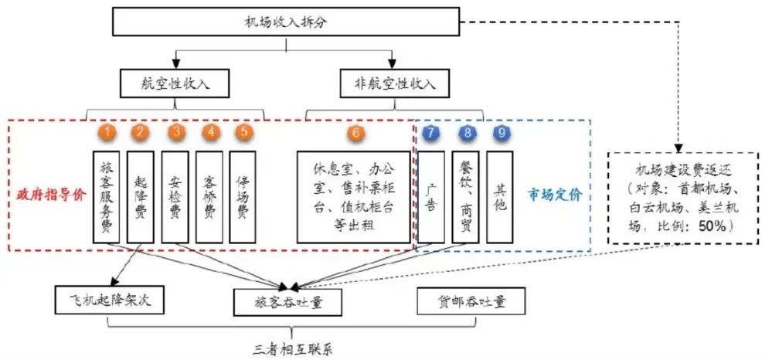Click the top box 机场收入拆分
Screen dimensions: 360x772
click(x=286, y=22)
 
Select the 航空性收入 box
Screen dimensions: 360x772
click(x=175, y=83)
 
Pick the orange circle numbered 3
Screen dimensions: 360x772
click(x=178, y=132)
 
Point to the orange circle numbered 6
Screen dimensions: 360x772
click(x=354, y=132)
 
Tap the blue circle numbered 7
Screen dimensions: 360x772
click(x=430, y=132)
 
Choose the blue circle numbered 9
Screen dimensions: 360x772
click(x=502, y=132)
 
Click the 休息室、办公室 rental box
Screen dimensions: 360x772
click(x=353, y=197)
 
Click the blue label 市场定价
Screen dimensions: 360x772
click(x=555, y=195)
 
